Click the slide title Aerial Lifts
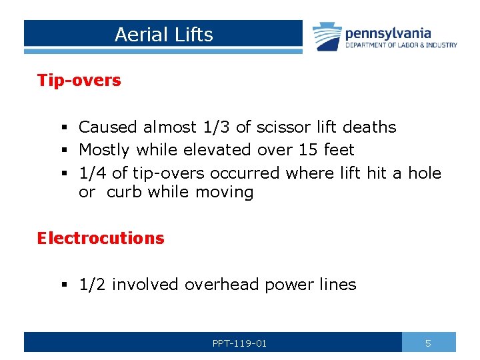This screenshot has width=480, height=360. [x=163, y=35]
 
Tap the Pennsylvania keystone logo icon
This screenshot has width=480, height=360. [x=327, y=36]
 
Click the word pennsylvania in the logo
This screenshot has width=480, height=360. [x=388, y=33]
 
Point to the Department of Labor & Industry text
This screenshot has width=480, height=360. [x=401, y=45]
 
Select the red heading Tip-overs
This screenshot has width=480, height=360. [x=79, y=81]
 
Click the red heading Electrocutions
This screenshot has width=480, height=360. [x=100, y=238]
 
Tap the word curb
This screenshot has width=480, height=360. [x=125, y=193]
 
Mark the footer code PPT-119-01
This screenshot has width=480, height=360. [x=239, y=343]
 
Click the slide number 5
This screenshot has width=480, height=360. [x=428, y=343]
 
